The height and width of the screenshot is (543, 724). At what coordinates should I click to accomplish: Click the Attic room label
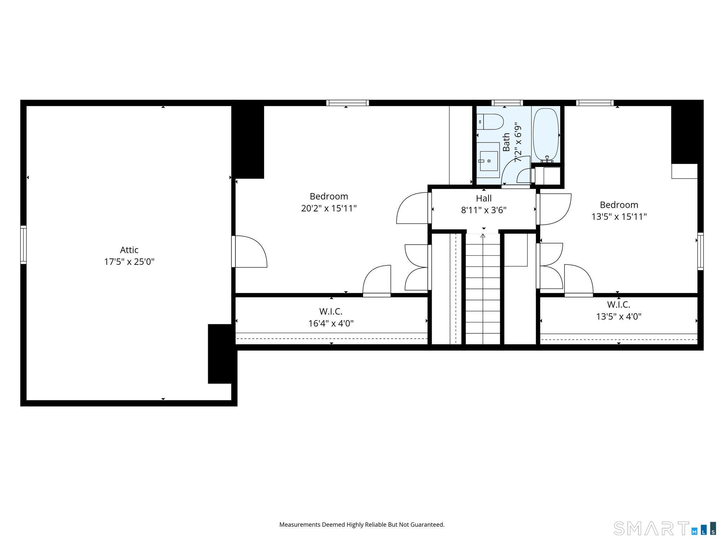tap(129, 250)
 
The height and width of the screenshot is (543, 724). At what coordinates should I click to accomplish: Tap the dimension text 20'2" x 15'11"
tap(328, 209)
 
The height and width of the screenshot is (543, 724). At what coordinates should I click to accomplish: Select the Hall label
tap(483, 198)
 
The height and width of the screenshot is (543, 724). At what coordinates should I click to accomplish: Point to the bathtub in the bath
tap(545, 134)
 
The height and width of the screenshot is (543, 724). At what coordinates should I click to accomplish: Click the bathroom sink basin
tap(489, 161)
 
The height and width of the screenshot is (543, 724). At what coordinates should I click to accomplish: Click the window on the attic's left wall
tap(23, 245)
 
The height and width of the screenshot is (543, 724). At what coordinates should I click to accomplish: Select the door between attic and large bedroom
tap(249, 251)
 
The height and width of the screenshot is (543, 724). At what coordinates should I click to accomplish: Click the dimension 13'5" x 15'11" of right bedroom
tap(619, 217)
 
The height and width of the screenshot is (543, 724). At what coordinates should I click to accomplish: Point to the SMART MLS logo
tap(664, 528)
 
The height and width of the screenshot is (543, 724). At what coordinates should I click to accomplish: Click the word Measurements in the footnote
tap(299, 525)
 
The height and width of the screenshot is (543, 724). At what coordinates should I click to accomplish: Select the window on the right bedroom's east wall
tap(700, 251)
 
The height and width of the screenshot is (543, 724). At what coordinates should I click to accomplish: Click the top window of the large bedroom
tap(347, 103)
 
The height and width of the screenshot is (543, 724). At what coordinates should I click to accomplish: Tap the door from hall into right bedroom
tap(553, 209)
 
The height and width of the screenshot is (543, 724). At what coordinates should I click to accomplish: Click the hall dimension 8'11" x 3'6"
tap(483, 210)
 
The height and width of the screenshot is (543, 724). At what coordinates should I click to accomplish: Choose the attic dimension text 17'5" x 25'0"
tap(129, 262)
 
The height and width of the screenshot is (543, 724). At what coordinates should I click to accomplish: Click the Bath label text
tap(506, 142)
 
